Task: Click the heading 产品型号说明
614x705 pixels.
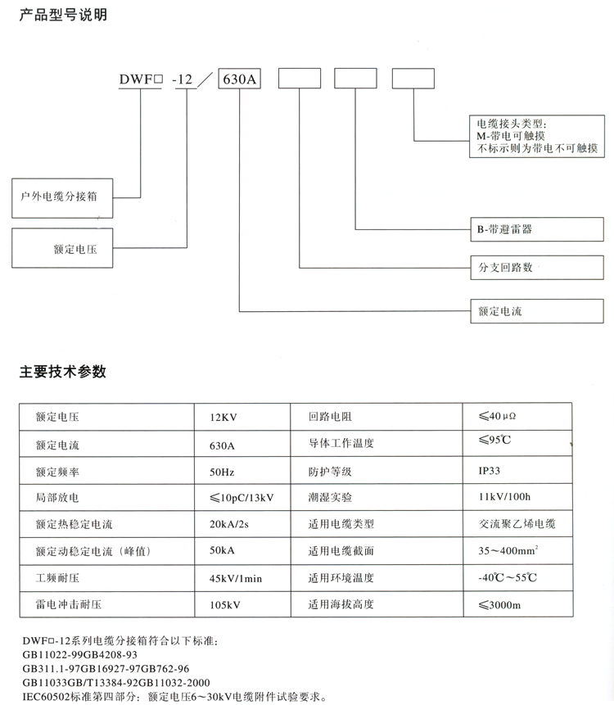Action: (63, 15)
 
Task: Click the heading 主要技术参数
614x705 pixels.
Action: (63, 372)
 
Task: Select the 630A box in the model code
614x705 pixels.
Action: (240, 79)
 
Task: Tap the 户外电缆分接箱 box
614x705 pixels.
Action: (62, 198)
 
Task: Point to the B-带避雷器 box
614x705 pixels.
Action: (537, 229)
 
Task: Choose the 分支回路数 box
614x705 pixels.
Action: (537, 268)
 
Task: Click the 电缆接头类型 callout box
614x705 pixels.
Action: (537, 136)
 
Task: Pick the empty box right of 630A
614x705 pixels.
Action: (300, 79)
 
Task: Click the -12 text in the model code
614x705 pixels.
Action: (183, 79)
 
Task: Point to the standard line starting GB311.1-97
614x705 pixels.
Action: (106, 669)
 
